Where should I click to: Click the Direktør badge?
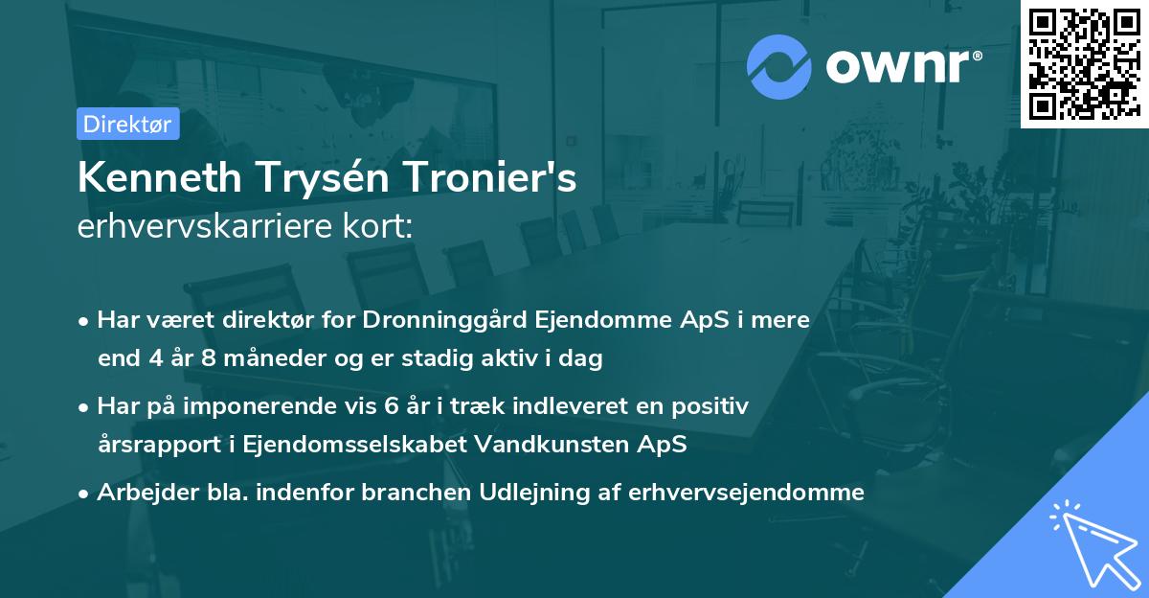tap(127, 124)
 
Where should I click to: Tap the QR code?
tap(1084, 63)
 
